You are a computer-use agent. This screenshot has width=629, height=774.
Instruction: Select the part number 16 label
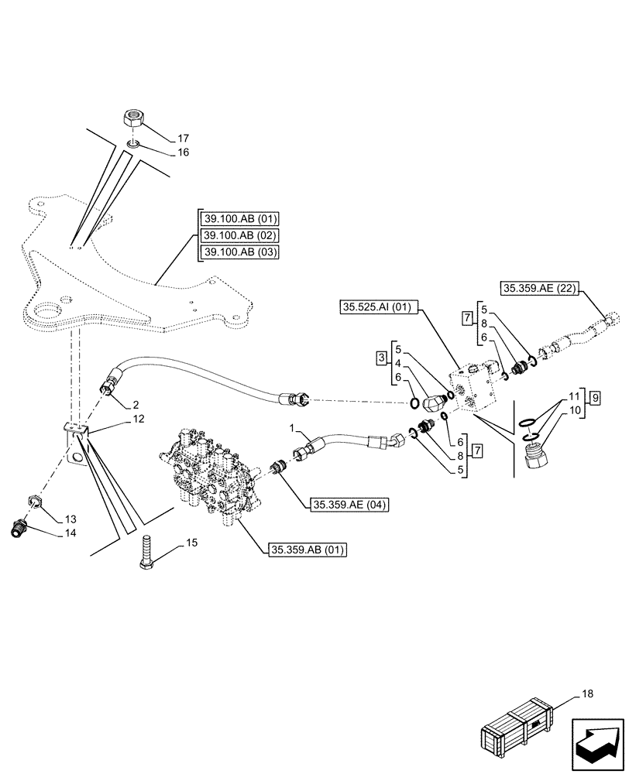(183, 152)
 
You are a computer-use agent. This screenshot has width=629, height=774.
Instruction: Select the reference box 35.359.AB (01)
(308, 550)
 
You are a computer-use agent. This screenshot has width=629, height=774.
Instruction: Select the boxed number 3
(383, 358)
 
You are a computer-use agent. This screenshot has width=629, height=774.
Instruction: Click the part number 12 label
(138, 419)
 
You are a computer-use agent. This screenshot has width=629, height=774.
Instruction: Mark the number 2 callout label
(136, 404)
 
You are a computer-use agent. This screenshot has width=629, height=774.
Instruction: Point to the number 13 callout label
(70, 519)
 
